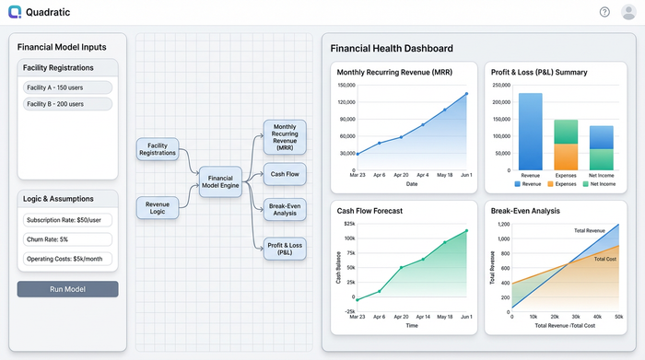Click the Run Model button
tap(67, 289)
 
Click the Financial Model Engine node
tap(221, 181)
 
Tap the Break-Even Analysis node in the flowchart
tap(284, 209)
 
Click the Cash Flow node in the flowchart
tap(284, 173)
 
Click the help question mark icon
tap(604, 12)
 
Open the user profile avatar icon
tap(628, 12)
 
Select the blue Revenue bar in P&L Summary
tap(531, 132)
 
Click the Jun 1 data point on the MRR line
tap(467, 93)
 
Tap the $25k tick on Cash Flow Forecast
tap(349, 224)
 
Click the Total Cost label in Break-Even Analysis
tap(604, 260)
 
